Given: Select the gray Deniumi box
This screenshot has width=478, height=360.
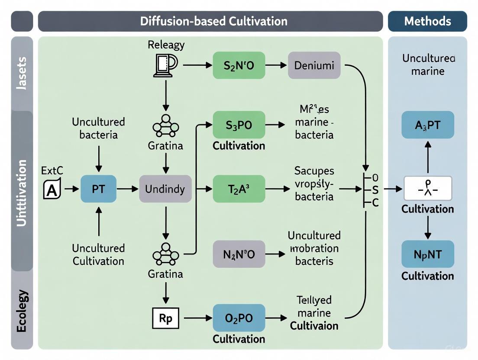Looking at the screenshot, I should pos(314,65).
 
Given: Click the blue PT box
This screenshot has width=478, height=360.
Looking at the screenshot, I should pos(98,189).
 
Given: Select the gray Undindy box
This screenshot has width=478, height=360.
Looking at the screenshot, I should pos(165,189).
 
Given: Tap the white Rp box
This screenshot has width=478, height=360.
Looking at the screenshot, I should pos(165,318).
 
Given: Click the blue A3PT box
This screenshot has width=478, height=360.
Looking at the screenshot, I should pos(427,125).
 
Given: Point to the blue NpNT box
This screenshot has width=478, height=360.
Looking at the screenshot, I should pos(427,254).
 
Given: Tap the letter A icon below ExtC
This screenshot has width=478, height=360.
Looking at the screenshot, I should pos(52,190).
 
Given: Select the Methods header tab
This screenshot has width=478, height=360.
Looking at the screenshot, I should pos(427,21).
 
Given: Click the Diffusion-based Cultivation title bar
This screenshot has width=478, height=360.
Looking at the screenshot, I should pos(210,21).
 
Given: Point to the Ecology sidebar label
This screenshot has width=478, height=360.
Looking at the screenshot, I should pos(22,311).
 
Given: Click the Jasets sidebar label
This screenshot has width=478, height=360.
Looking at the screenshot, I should pos(22,74).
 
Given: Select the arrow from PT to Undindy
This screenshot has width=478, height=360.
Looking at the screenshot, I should pos(127,189).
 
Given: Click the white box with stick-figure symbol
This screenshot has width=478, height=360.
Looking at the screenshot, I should pos(427,189).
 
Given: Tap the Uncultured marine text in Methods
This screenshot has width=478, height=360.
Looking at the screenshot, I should pos(427,64).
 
